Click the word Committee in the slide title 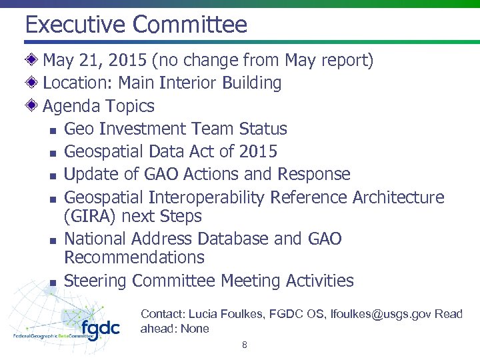pos(190,25)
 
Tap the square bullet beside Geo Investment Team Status pos(52,130)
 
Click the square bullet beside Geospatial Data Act pos(52,153)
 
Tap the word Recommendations pos(134,257)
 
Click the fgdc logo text pos(100,329)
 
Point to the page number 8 pos(245,345)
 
